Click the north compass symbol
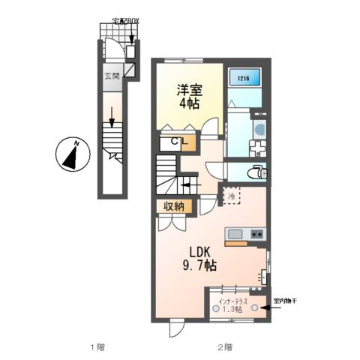coord(70,155)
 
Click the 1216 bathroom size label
coord(242,75)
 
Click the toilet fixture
coord(257,172)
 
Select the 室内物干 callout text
coord(286,301)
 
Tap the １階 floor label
coord(97,346)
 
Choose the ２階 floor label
coord(225,346)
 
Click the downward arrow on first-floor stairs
coord(111,118)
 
